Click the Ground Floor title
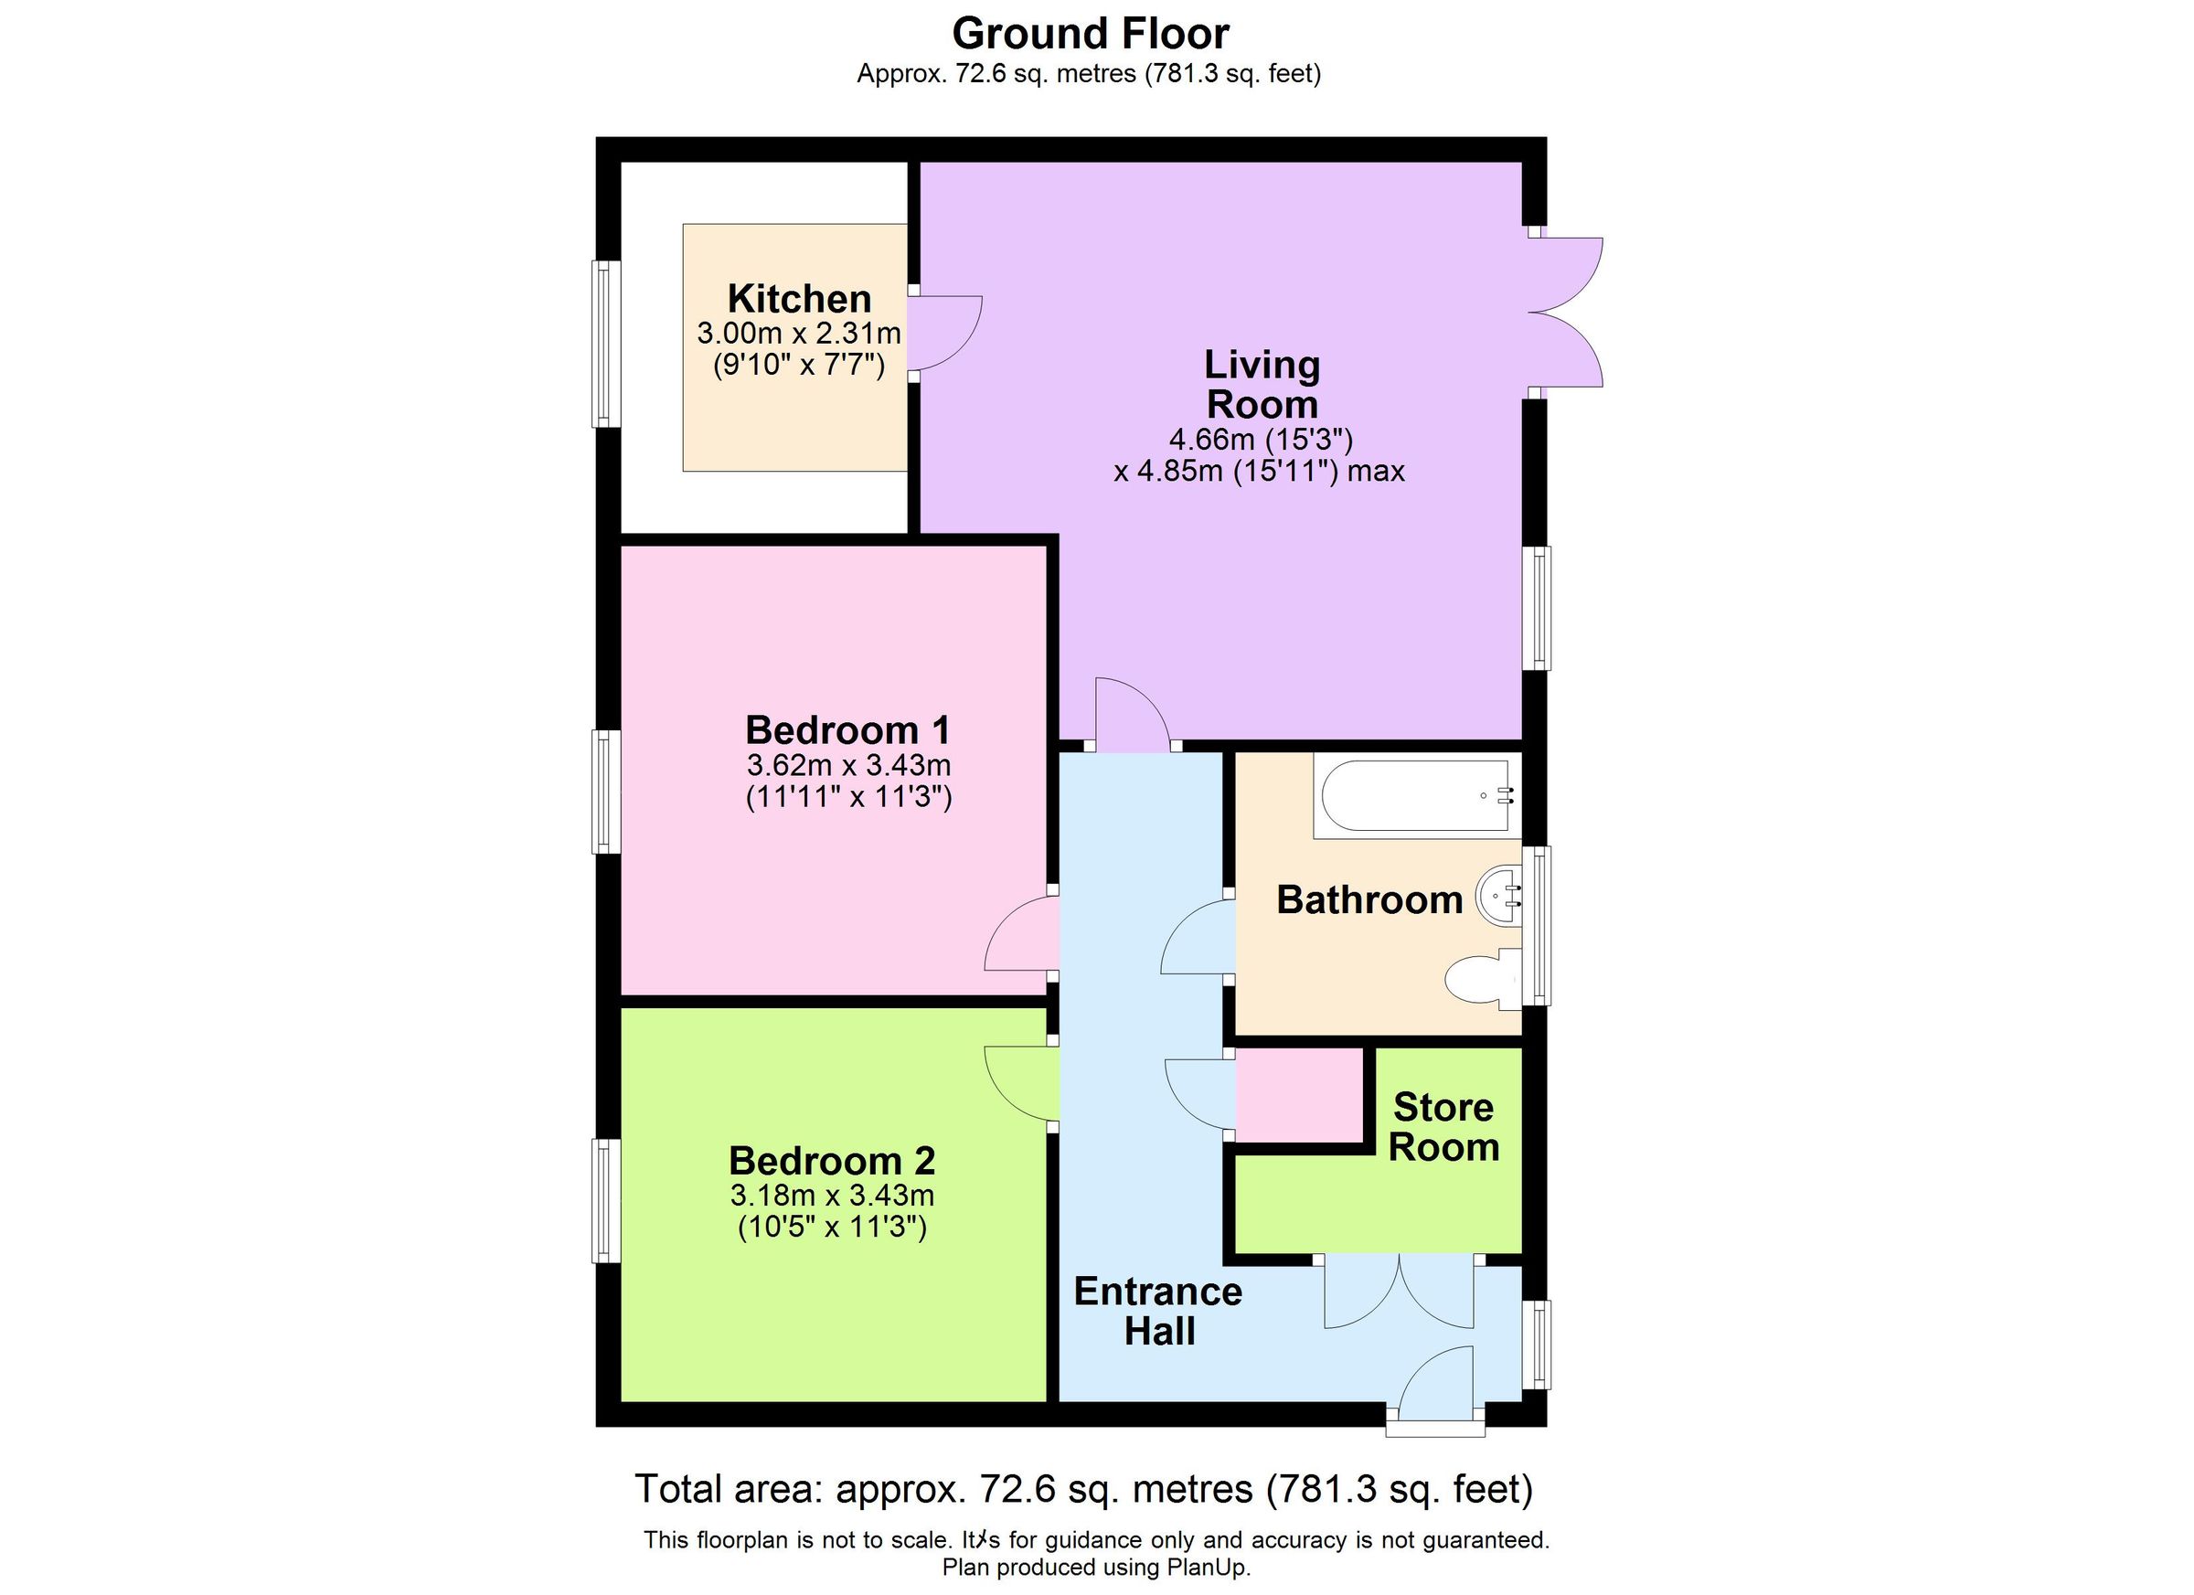tap(1091, 34)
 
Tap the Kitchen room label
tap(799, 298)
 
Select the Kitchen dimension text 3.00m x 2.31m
tap(799, 334)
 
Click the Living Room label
tap(1262, 384)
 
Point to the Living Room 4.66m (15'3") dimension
tap(1261, 440)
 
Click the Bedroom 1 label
tap(847, 729)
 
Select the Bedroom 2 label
tap(832, 1160)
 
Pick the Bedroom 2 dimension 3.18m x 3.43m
tap(832, 1195)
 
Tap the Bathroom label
tap(1369, 899)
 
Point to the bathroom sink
tap(1498, 895)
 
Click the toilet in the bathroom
tap(1480, 980)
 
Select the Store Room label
tap(1443, 1127)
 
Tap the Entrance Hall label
tap(1158, 1311)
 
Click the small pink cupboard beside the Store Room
tap(1299, 1094)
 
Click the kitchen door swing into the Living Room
tap(946, 332)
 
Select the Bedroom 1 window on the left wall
tap(605, 792)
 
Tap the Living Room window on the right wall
tap(1537, 608)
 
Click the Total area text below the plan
tap(1083, 1489)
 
